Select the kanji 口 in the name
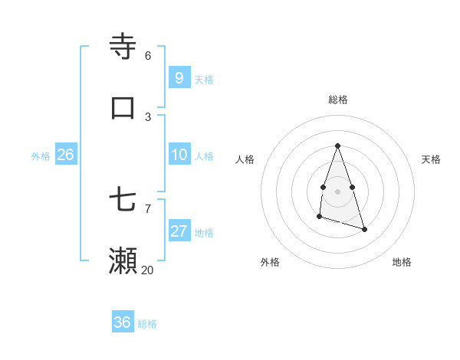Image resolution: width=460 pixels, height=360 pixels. [123, 107]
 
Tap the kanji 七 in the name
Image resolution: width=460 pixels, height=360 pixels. [123, 200]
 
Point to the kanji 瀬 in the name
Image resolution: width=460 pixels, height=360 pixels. [123, 260]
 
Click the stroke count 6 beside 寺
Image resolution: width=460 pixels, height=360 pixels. [148, 56]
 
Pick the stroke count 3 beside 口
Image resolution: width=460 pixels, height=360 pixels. [148, 116]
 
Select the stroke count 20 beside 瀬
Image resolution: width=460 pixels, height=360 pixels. [147, 270]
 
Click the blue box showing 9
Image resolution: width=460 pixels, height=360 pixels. [179, 77]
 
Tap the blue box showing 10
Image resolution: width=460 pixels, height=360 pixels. [179, 154]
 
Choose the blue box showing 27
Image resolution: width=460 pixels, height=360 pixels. [179, 231]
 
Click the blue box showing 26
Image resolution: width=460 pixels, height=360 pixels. [65, 155]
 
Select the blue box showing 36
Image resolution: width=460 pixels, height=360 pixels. [123, 322]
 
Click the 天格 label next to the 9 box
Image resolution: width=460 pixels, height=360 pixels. [204, 80]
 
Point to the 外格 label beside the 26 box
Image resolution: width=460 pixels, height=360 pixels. [41, 156]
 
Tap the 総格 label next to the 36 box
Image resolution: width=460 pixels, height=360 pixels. [147, 324]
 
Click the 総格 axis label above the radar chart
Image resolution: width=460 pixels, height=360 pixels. [337, 100]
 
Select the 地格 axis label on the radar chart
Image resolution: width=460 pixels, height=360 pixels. [402, 262]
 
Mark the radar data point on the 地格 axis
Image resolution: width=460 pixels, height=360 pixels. [364, 229]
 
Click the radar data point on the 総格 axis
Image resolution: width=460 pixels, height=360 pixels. [337, 146]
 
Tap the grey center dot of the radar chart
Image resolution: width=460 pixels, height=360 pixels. [337, 191]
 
